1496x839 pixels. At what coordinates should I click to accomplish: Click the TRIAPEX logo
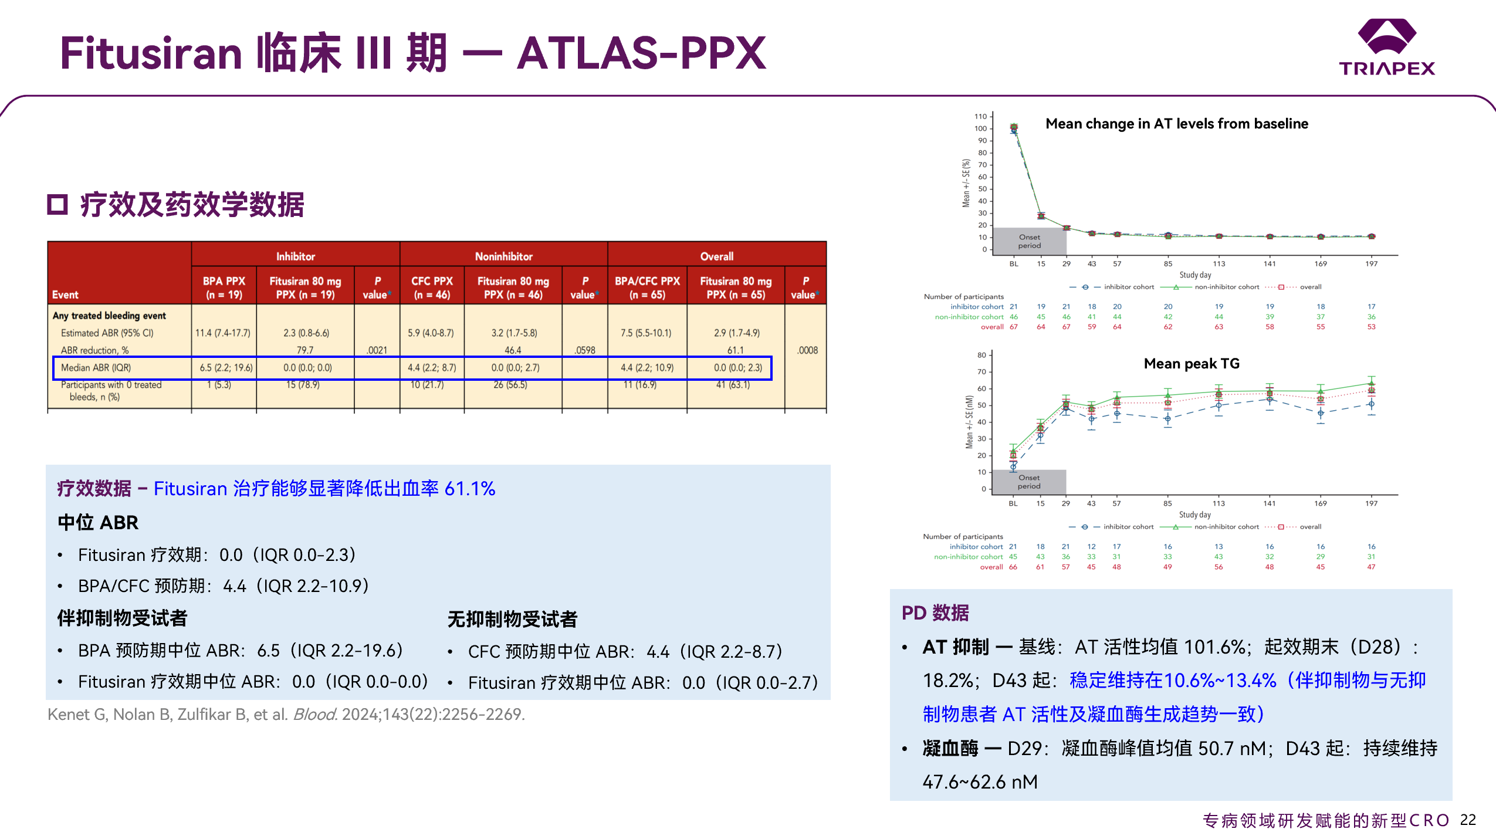1387,47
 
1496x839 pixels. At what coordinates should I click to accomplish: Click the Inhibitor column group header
295,256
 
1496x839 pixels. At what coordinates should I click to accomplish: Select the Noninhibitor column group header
503,256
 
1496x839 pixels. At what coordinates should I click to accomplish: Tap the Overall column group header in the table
716,256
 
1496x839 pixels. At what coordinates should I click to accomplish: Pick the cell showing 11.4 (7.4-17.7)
223,333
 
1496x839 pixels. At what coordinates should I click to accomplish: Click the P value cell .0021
377,350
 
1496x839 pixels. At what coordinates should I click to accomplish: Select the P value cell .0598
585,350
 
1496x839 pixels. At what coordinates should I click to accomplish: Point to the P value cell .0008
807,350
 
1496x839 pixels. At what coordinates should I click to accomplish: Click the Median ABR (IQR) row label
96,368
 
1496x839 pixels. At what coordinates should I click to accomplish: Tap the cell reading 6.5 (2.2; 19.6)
226,368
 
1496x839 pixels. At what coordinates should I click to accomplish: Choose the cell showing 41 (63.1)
733,385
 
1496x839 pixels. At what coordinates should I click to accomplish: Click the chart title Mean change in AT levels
1176,124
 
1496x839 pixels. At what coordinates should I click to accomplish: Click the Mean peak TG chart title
1192,364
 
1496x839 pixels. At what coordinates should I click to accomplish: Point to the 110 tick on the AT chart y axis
980,116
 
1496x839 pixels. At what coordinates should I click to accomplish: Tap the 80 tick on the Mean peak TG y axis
981,355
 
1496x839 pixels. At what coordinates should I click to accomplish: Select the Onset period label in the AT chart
1030,241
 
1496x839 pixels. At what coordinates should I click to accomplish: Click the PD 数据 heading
935,613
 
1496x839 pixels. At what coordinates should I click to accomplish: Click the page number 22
1468,820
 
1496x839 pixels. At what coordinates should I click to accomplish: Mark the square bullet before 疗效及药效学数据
57,205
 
